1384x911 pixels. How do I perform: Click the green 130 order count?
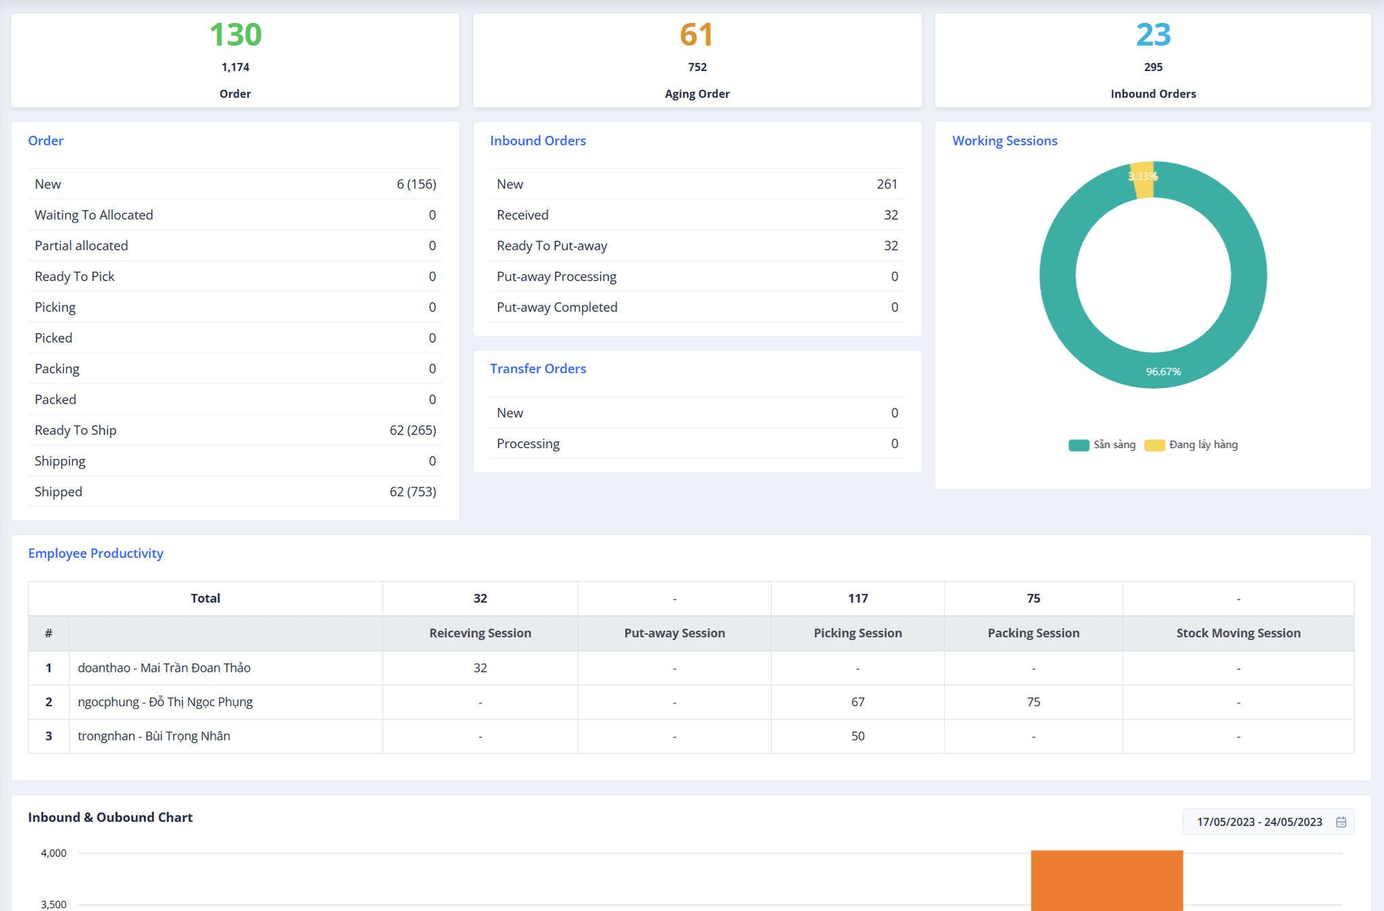pyautogui.click(x=235, y=34)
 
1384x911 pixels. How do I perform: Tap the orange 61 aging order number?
pyautogui.click(x=697, y=34)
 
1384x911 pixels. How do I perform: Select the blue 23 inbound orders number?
pyautogui.click(x=1153, y=34)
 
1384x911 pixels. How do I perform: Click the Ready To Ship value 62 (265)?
pyautogui.click(x=412, y=430)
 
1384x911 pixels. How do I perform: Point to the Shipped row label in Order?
pyautogui.click(x=59, y=492)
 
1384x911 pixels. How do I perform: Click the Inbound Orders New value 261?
pyautogui.click(x=887, y=184)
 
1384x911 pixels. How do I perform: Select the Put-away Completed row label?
pyautogui.click(x=557, y=307)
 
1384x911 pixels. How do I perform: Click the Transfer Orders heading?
pyautogui.click(x=538, y=369)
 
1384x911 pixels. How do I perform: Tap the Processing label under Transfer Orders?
pyautogui.click(x=528, y=444)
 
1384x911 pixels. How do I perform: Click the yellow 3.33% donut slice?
pyautogui.click(x=1142, y=180)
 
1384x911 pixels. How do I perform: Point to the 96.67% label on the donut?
pyautogui.click(x=1163, y=372)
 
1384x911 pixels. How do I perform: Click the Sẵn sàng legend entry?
pyautogui.click(x=1103, y=445)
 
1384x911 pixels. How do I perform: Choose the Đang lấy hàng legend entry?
pyautogui.click(x=1193, y=445)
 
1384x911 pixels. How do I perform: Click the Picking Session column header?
pyautogui.click(x=858, y=633)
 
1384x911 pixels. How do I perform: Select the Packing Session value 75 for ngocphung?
pyautogui.click(x=1033, y=702)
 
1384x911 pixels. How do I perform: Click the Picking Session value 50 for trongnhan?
pyautogui.click(x=858, y=737)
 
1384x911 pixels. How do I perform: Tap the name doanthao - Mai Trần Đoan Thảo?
pyautogui.click(x=164, y=668)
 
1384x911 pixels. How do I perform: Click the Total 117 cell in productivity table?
pyautogui.click(x=858, y=599)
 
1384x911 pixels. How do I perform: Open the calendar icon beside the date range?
pyautogui.click(x=1341, y=822)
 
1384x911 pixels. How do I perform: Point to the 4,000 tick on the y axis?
pyautogui.click(x=53, y=854)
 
